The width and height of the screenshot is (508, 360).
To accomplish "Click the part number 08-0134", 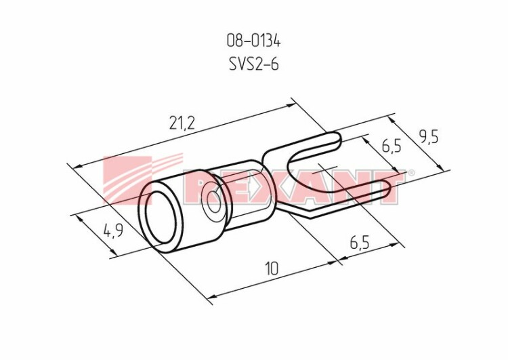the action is point(253,41).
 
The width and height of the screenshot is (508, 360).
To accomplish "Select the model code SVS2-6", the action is point(254,64).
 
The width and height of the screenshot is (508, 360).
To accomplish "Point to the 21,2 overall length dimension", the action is point(182,123).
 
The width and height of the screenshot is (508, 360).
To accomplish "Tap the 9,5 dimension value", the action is point(428,138).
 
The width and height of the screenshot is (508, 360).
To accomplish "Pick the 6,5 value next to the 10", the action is point(360,242).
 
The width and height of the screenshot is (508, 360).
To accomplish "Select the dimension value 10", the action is point(272,268).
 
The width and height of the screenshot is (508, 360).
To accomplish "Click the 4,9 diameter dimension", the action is point(113,231).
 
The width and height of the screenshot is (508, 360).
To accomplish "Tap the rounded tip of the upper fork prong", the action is point(339,140).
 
